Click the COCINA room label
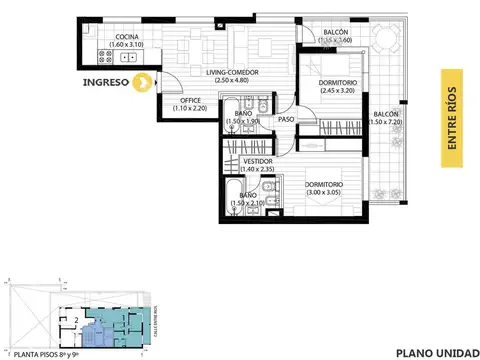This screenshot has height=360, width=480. click(x=126, y=37)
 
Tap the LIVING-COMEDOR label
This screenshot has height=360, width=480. click(x=206, y=72)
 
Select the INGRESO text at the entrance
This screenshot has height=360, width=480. click(x=110, y=83)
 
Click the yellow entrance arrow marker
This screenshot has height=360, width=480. click(x=144, y=83)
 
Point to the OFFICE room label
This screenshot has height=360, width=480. click(x=191, y=100)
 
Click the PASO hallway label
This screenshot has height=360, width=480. click(x=286, y=119)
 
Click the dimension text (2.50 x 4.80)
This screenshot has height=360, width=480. click(x=206, y=80)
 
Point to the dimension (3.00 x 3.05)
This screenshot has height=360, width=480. click(x=325, y=192)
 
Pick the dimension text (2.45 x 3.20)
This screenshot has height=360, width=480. click(x=326, y=90)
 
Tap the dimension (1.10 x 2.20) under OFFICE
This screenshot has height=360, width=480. click(x=191, y=108)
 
